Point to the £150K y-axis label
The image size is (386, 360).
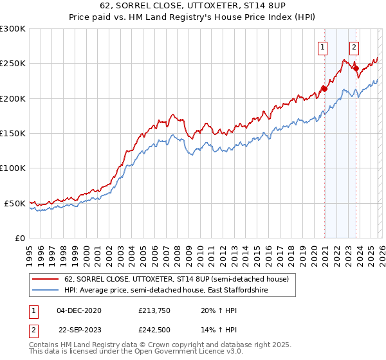pos(13,134)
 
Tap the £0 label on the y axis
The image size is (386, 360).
pos(20,238)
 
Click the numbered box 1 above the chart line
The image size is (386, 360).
pos(322,46)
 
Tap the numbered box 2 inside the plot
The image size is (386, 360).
pos(354,46)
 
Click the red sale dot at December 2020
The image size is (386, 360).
pos(324,89)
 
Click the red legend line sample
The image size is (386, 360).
pos(45,280)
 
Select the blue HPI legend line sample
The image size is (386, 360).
pos(45,291)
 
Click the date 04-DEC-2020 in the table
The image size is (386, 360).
pos(78,310)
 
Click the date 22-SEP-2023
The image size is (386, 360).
pos(78,330)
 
